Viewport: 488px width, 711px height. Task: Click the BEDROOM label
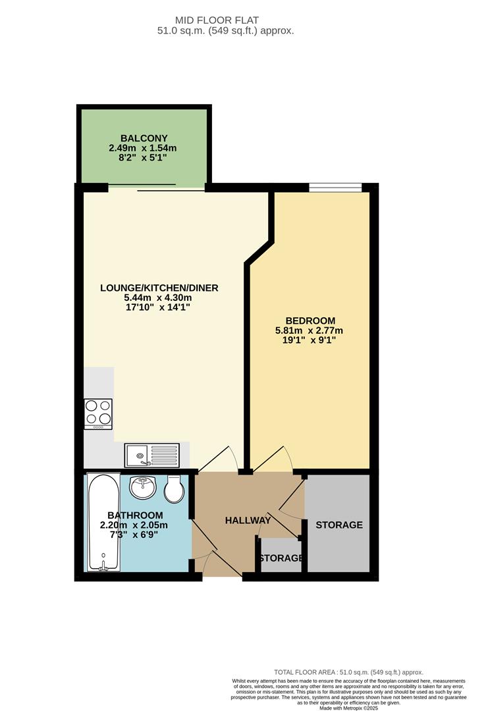click(310, 321)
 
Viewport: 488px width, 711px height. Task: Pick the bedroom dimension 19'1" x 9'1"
click(310, 340)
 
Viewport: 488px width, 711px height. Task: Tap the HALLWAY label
click(248, 520)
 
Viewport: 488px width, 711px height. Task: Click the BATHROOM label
click(134, 515)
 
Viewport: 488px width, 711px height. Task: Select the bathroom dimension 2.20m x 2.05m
click(134, 525)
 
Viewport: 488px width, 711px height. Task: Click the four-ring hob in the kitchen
click(97, 415)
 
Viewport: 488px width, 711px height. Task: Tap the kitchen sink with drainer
click(151, 454)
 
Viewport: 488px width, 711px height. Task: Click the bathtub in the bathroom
click(103, 523)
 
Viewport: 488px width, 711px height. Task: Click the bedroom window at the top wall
click(335, 188)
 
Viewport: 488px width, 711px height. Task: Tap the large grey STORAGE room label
click(339, 525)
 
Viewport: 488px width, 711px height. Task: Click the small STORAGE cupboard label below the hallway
click(281, 558)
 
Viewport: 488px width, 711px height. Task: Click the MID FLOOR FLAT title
click(244, 20)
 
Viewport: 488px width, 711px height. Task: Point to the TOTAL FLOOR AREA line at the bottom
click(348, 672)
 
